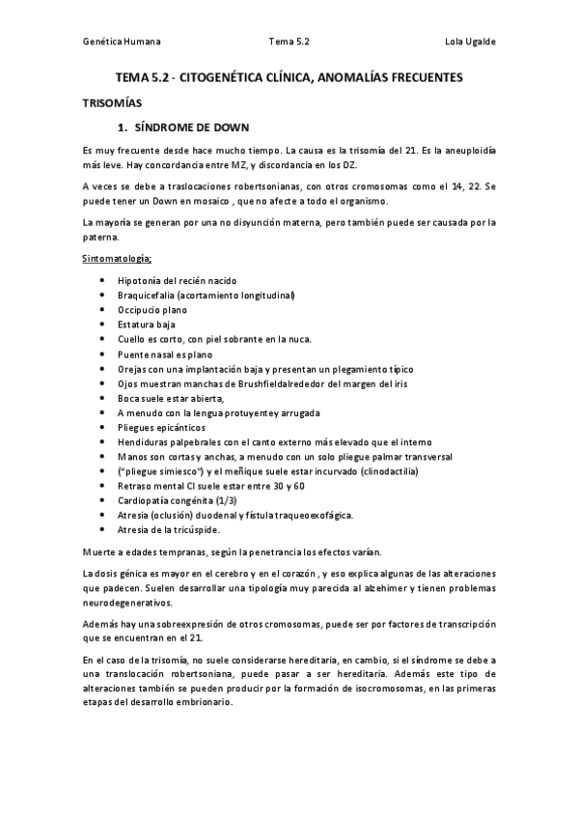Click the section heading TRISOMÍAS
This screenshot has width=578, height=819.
click(111, 100)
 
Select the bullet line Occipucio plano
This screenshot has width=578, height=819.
click(151, 310)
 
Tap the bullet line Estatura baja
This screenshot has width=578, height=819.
click(147, 325)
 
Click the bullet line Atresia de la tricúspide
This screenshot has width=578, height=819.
click(169, 530)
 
